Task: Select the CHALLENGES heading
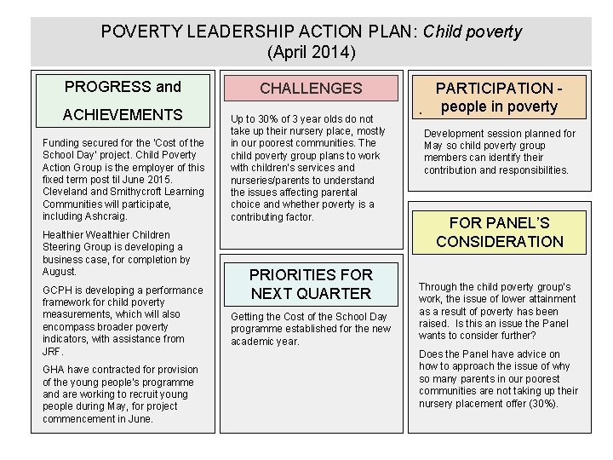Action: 311,89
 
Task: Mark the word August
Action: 59,272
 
